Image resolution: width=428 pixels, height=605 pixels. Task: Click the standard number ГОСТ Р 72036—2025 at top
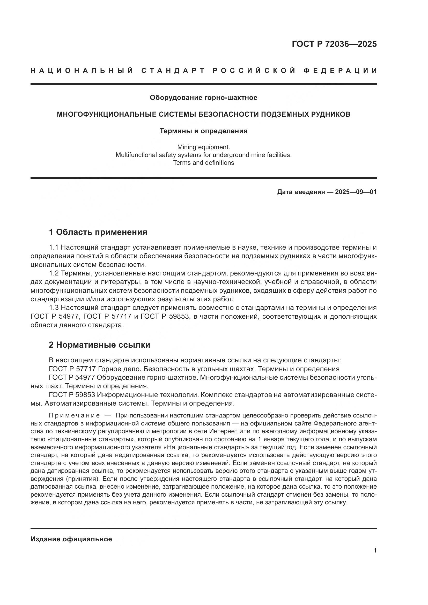(x=334, y=44)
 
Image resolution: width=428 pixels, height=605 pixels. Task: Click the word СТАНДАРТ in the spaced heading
(x=173, y=71)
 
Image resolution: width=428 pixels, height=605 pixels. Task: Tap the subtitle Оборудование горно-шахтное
(x=203, y=98)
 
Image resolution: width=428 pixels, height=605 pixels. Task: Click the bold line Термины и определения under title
(x=203, y=131)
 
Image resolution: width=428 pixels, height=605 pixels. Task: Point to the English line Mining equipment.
(x=203, y=147)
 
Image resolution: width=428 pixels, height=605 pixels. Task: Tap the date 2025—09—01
(x=356, y=192)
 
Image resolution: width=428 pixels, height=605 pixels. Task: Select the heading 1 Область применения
(x=98, y=232)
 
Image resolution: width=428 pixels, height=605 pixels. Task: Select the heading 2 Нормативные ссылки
(x=99, y=345)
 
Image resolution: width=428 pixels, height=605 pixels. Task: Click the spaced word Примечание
(x=74, y=416)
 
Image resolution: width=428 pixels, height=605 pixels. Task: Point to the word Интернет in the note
(x=222, y=431)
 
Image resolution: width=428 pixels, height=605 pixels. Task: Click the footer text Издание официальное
(x=71, y=539)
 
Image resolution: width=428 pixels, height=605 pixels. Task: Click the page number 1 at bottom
(x=375, y=550)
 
